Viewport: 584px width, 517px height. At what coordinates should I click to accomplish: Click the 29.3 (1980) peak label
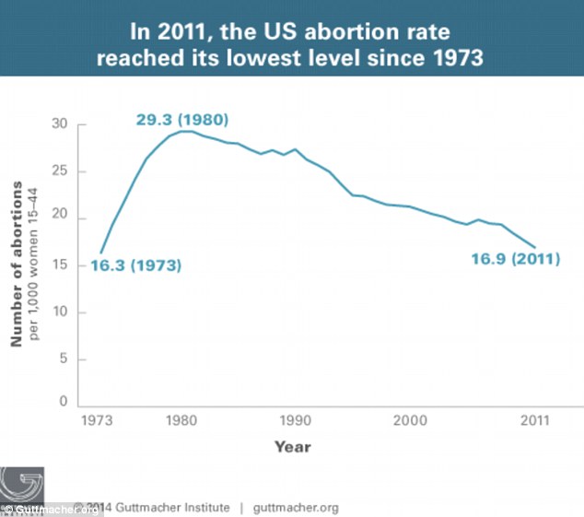pos(182,120)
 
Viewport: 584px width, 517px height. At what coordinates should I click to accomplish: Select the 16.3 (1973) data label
pos(136,265)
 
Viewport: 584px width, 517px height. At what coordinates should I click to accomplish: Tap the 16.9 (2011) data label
pos(516,259)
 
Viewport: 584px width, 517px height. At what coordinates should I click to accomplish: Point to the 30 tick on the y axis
pos(60,123)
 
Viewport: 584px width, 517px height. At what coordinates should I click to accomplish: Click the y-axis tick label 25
pos(60,170)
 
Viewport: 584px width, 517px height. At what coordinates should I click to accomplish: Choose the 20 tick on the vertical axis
pos(60,214)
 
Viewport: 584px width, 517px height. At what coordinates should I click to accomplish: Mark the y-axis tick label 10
pos(60,311)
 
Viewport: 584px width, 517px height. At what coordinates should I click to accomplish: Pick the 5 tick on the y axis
pos(64,358)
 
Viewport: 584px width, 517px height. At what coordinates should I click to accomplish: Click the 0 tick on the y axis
pos(64,401)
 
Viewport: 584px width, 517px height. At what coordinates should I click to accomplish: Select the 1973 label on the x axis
pos(97,420)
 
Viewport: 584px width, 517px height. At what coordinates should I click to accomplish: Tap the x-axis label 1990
pos(296,420)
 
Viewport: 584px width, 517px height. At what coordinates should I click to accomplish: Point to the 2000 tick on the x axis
pos(410,420)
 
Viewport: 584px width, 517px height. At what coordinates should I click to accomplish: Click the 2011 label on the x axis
pos(535,420)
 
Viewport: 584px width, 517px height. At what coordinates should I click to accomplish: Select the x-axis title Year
pos(293,447)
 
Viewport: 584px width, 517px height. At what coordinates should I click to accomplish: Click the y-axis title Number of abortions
pos(17,264)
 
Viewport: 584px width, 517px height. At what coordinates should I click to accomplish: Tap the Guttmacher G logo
pos(21,485)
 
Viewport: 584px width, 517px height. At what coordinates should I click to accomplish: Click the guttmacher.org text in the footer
pos(296,508)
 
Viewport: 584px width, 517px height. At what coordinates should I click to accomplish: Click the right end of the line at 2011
pos(535,247)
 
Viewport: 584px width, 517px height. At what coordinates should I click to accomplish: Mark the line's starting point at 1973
pos(100,253)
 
